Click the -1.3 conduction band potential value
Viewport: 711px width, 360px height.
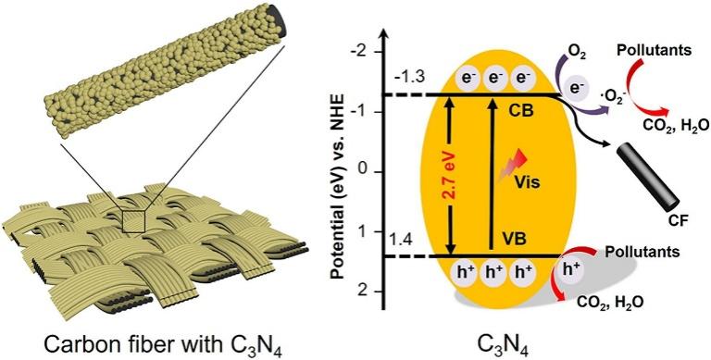409,76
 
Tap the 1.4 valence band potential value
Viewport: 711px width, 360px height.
402,239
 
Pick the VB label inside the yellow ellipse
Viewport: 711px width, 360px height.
515,238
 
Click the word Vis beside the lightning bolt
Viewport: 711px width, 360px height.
528,184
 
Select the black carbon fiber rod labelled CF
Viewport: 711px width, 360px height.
648,180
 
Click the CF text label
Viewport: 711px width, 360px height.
678,221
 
